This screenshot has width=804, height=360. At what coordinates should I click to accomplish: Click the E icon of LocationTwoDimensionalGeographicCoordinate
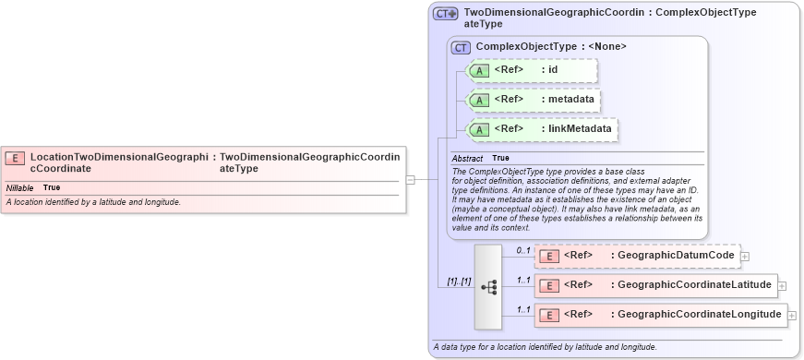coord(15,158)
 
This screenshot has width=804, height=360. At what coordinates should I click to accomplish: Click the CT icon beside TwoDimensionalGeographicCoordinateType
coord(446,14)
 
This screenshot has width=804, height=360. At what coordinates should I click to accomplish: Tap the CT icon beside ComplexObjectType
coord(461,46)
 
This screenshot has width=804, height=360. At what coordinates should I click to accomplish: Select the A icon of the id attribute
coord(479,70)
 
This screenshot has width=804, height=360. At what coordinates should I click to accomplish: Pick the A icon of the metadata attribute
coord(479,100)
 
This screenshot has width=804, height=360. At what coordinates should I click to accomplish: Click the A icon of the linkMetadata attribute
coord(479,130)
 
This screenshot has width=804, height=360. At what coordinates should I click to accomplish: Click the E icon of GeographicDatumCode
coord(548,256)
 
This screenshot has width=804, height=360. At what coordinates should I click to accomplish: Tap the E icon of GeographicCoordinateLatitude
coord(548,285)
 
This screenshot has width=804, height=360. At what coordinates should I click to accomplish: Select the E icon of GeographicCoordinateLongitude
coord(548,316)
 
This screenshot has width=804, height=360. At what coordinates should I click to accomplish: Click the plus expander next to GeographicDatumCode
coord(745,256)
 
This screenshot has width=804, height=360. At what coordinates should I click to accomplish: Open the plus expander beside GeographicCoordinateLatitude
coord(782,286)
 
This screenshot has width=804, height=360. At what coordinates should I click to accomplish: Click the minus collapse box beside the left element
coord(410,180)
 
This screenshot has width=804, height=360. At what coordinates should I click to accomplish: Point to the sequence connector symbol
coord(488,287)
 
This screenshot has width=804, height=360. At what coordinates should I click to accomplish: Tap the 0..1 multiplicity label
coord(523,251)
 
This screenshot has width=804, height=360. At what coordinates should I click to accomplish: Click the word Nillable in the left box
coord(20,188)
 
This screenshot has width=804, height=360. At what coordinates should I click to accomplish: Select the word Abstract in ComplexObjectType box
coord(467,159)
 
